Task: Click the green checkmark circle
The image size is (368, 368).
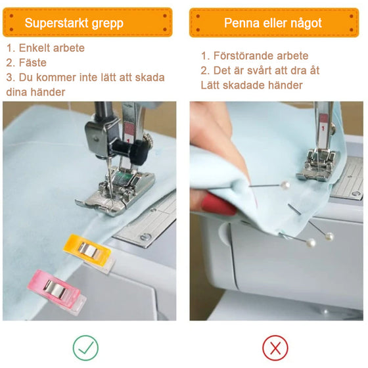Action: [x=85, y=348]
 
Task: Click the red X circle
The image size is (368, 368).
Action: [x=275, y=348]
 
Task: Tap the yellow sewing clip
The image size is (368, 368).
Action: [x=89, y=252]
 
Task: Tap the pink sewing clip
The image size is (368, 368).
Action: [x=57, y=290]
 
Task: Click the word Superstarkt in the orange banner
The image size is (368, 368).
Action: [x=57, y=23]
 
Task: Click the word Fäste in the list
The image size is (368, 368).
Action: [x=33, y=62]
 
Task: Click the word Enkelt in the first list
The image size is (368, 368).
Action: [x=34, y=48]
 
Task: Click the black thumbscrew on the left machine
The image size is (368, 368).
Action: [x=131, y=150]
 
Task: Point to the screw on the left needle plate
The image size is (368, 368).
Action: [x=146, y=237]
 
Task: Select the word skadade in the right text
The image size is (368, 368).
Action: [x=244, y=85]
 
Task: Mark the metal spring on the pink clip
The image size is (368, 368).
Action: [x=56, y=288]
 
